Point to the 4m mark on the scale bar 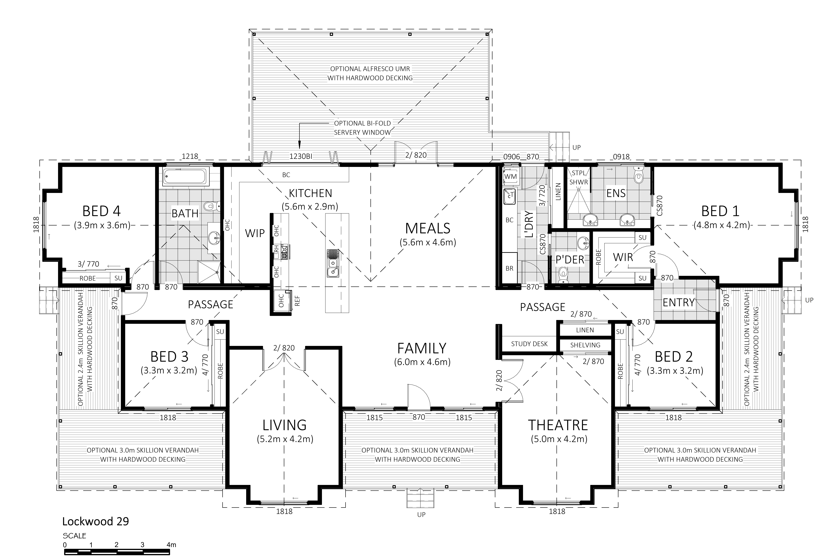tap(171, 545)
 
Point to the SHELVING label tap(585, 345)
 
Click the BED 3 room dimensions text tap(169, 370)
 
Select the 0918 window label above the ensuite tap(621, 157)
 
